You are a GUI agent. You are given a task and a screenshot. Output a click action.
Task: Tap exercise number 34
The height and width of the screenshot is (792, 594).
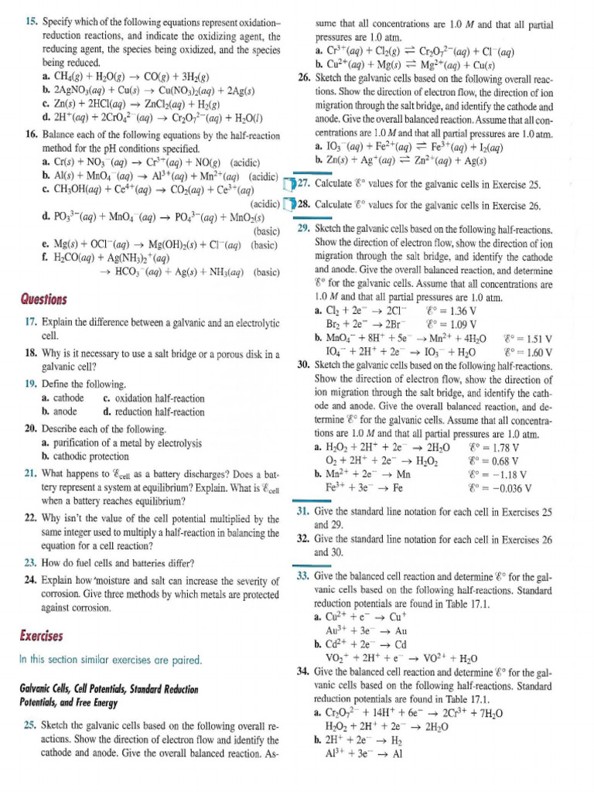304,669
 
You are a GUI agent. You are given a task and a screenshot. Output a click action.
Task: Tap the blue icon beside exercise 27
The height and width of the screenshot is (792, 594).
288,183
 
